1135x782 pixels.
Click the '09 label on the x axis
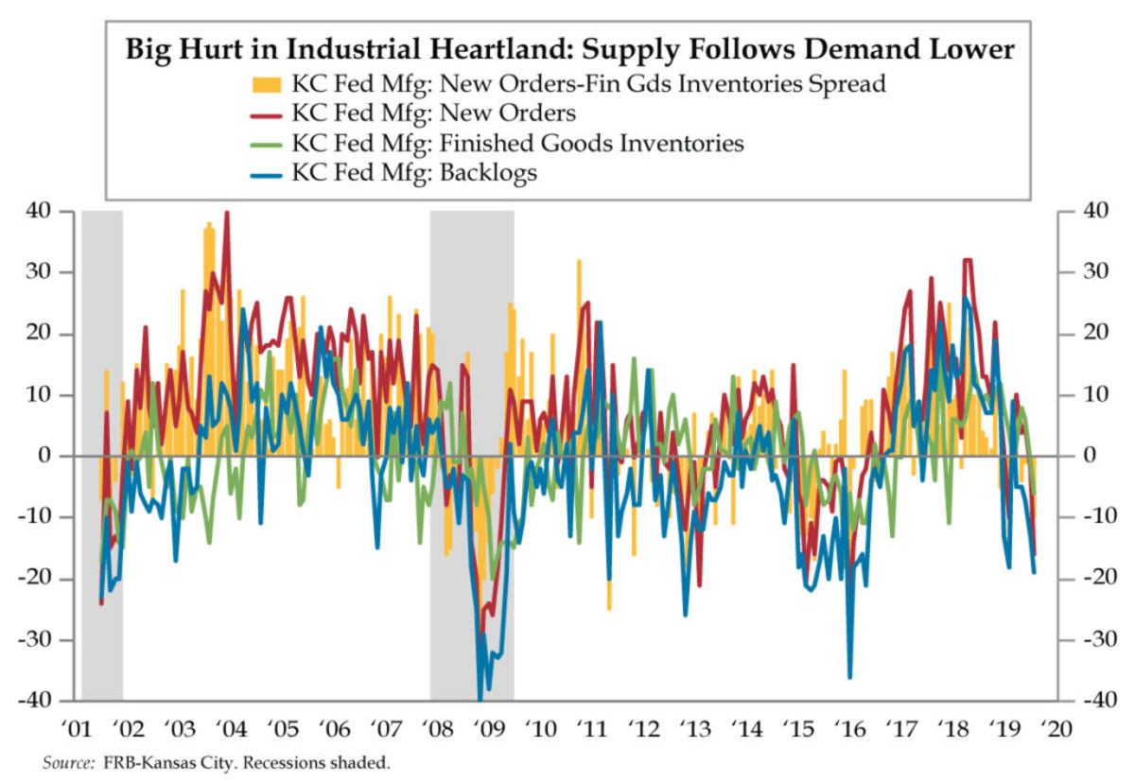(490, 729)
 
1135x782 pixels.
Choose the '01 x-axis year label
(77, 729)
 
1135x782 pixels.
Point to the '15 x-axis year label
(799, 729)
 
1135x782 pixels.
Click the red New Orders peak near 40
(226, 214)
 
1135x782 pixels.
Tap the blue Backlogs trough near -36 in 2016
(849, 676)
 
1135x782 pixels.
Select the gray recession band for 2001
(102, 454)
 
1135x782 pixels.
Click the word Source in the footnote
(67, 762)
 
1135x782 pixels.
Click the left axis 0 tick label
(60, 456)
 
